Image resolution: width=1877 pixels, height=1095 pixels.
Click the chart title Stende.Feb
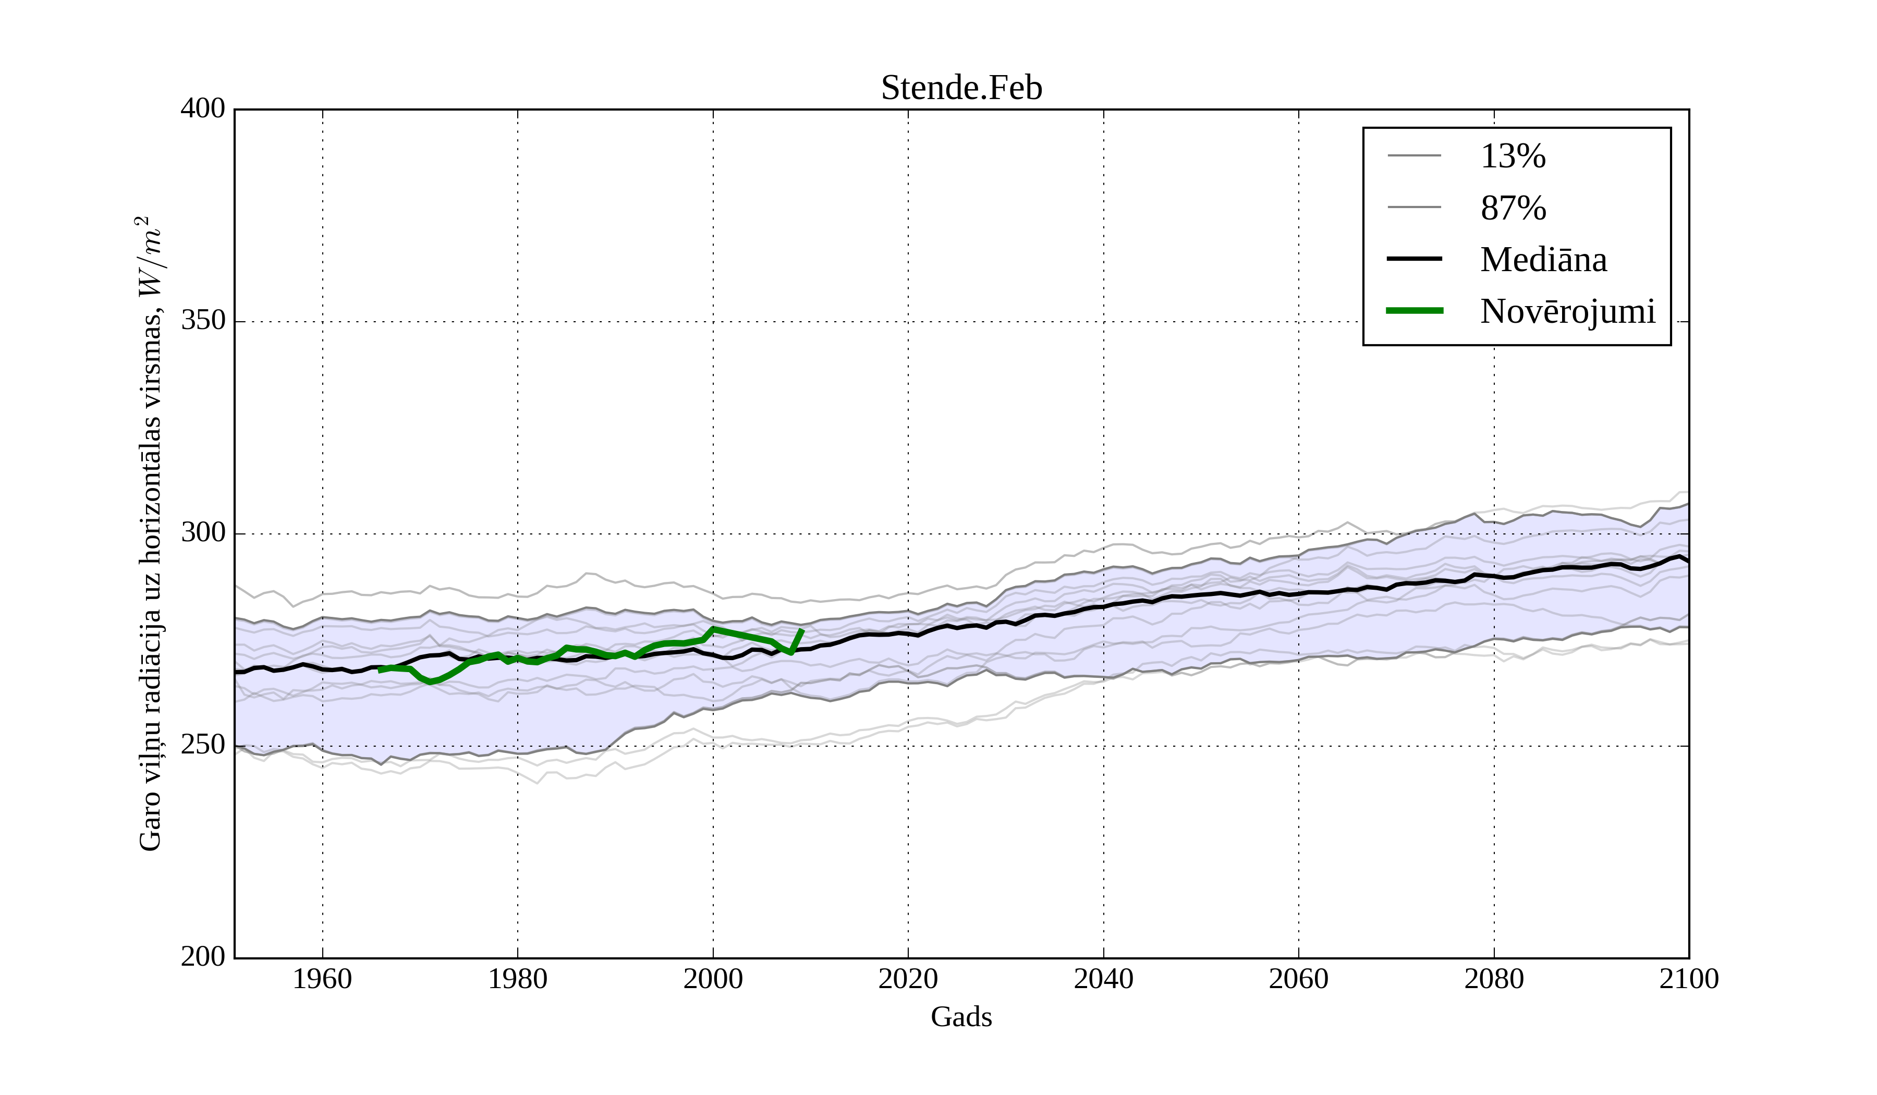click(x=961, y=88)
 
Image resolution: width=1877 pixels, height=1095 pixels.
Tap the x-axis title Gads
click(x=961, y=1017)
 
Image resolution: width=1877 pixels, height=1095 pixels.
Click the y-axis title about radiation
click(x=149, y=533)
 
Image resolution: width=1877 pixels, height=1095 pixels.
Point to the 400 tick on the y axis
click(x=203, y=109)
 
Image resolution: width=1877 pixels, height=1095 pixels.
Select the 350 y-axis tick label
click(x=203, y=321)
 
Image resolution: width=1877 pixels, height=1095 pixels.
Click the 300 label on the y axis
click(x=203, y=533)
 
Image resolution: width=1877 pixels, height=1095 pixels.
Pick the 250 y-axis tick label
click(x=203, y=745)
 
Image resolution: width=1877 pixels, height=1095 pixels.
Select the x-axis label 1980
click(x=518, y=979)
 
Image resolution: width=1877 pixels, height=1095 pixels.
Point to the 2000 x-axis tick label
click(x=713, y=979)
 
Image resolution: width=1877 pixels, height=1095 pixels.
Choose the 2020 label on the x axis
click(x=908, y=979)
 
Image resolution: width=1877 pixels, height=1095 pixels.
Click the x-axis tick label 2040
click(x=1103, y=979)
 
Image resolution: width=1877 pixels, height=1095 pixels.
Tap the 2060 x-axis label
click(x=1298, y=979)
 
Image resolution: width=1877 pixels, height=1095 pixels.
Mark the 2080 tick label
click(x=1493, y=979)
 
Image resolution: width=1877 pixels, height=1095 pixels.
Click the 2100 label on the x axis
click(x=1689, y=979)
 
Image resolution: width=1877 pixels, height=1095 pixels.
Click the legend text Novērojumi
click(x=1567, y=311)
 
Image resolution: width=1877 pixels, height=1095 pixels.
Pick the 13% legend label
click(x=1513, y=156)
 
